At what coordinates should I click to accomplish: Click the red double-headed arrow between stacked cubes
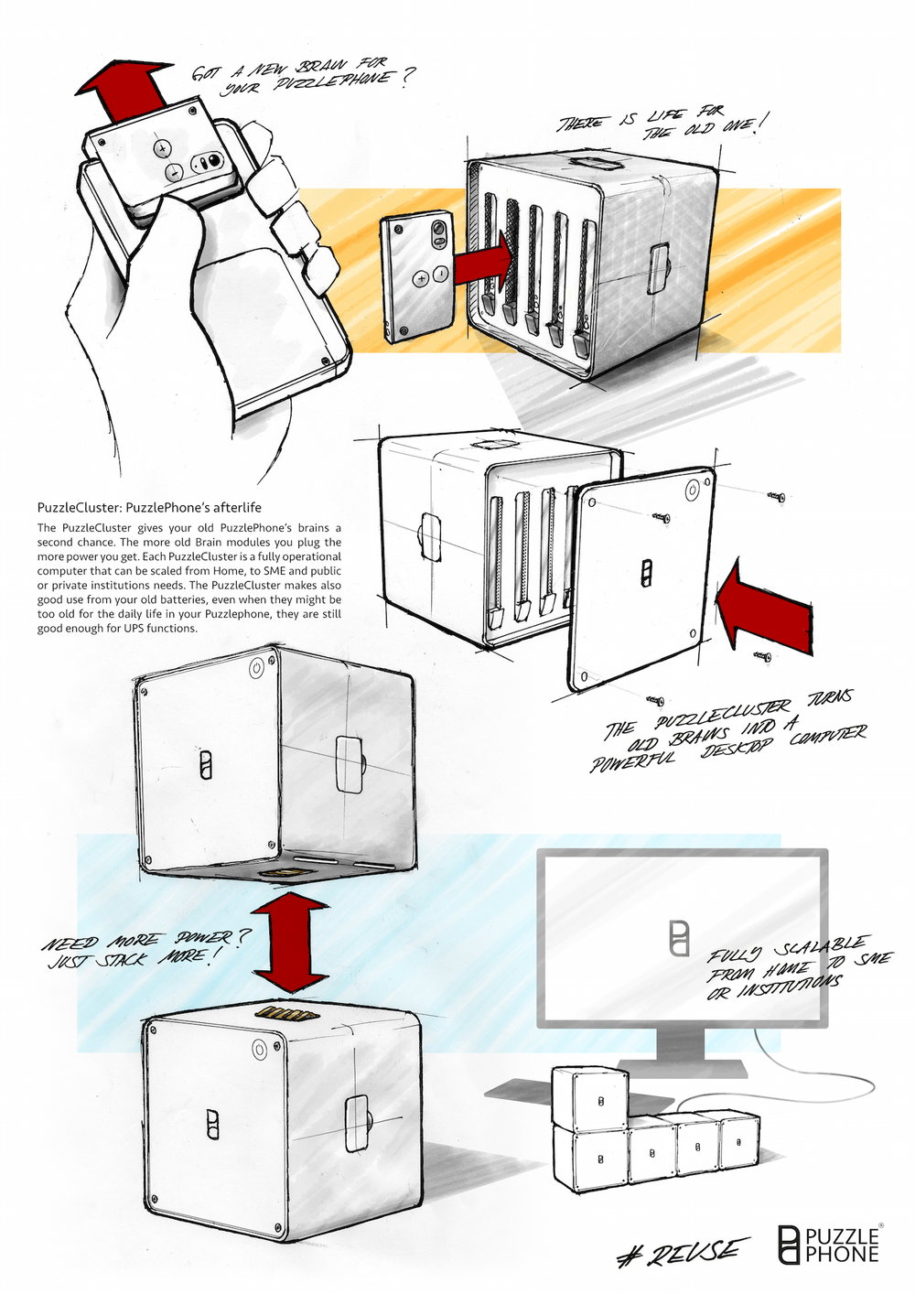point(289,944)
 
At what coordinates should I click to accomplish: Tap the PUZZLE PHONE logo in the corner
point(828,1244)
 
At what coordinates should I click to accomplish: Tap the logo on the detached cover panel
point(646,574)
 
